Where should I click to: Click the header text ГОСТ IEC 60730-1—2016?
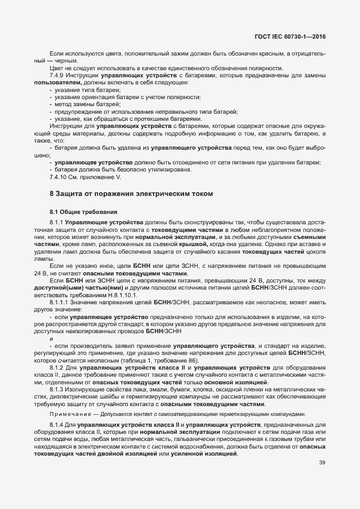294,36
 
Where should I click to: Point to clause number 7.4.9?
57,75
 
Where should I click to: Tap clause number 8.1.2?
57,369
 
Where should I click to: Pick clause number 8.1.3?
57,390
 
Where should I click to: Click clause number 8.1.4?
57,424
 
